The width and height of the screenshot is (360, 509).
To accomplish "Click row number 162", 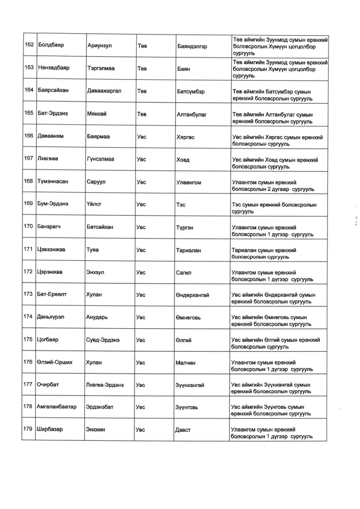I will (29, 44).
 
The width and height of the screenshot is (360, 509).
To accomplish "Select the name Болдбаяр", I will (51, 45).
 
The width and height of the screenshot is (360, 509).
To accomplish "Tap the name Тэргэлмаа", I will (101, 68).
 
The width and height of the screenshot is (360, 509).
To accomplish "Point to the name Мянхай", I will (97, 114).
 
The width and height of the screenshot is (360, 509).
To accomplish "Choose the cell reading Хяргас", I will (185, 137).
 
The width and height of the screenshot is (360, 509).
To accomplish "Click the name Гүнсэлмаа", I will (101, 159).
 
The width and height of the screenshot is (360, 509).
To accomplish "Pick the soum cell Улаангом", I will (188, 183).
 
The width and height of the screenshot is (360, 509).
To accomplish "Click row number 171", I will (28, 249).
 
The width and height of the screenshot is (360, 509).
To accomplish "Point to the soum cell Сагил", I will (183, 273).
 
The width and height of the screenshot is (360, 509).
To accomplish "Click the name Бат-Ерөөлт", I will (52, 294).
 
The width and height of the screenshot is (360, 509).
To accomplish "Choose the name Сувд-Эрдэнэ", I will (103, 340).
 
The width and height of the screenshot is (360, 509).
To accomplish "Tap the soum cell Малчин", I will (185, 363).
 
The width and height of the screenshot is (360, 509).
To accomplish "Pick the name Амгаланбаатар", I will (57, 407).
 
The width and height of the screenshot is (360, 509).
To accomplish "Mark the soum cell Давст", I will (183, 430).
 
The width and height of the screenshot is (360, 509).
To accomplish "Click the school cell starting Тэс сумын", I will (274, 208).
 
